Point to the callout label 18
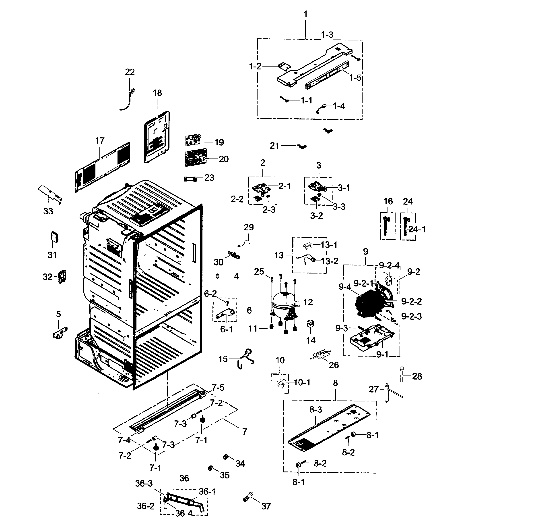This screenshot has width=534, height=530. tap(157, 93)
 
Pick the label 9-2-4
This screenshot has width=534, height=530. tap(389, 265)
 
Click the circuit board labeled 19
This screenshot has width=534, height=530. tap(193, 140)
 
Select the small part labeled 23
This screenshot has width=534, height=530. tap(190, 179)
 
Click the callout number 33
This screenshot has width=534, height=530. tap(48, 211)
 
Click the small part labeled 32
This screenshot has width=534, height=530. tap(62, 276)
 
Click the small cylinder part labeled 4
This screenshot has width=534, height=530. tap(218, 276)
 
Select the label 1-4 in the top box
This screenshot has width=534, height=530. tap(339, 106)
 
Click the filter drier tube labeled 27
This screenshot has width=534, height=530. tap(387, 392)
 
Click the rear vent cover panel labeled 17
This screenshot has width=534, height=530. tap(102, 167)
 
